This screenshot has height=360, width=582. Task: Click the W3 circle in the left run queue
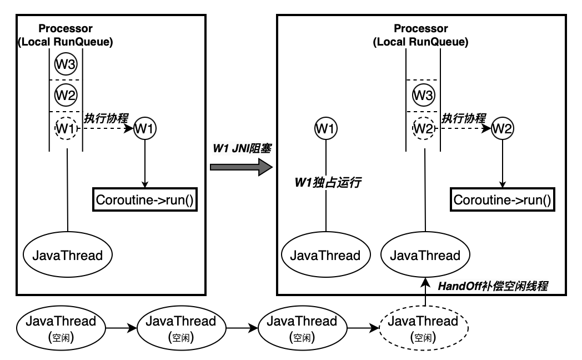[x=66, y=64]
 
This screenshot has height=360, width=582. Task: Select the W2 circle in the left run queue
[x=66, y=96]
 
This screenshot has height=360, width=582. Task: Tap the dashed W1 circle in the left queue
[x=66, y=128]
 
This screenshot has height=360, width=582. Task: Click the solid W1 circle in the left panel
[x=145, y=128]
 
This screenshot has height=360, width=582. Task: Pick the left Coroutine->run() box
[x=144, y=200]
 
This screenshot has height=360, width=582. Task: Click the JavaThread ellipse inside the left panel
[x=67, y=256]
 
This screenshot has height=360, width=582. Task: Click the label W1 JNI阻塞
[x=241, y=149]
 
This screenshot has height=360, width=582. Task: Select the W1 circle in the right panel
[x=325, y=129]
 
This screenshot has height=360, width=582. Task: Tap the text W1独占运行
[x=328, y=182]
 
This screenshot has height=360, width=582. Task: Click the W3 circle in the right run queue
[x=423, y=96]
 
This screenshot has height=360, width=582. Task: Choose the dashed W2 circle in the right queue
[x=423, y=129]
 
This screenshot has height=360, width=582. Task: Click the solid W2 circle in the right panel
[x=503, y=129]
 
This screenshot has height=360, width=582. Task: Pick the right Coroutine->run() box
[x=502, y=200]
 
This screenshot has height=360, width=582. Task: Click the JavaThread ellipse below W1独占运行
[x=325, y=256]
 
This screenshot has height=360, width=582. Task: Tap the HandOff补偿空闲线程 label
[x=493, y=287]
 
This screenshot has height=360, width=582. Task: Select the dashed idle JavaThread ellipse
[x=423, y=328]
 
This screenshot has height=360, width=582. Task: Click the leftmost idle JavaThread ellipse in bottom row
[x=61, y=328]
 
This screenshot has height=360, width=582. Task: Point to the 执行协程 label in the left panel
[x=106, y=118]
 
